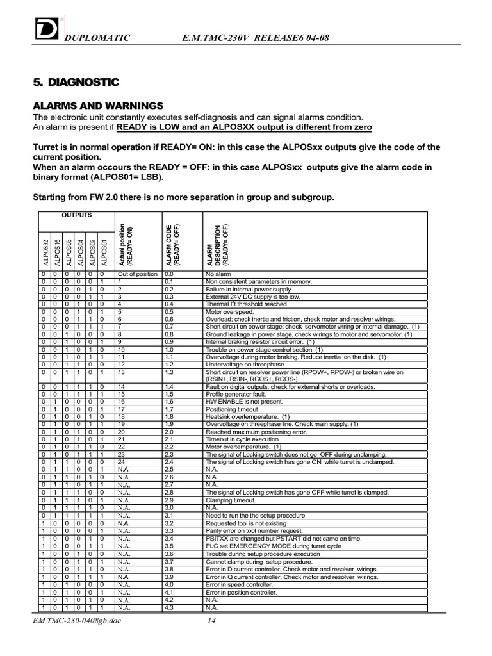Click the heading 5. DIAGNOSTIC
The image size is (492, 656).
coord(76,83)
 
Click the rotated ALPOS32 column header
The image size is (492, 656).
coord(45,252)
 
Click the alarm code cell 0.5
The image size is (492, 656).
coord(169,311)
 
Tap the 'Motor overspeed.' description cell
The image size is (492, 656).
coord(228,311)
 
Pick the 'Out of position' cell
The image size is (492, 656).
coord(137,274)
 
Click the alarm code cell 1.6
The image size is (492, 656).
coord(169,402)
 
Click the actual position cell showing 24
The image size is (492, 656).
coord(122,462)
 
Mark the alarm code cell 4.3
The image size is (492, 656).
coord(169,607)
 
